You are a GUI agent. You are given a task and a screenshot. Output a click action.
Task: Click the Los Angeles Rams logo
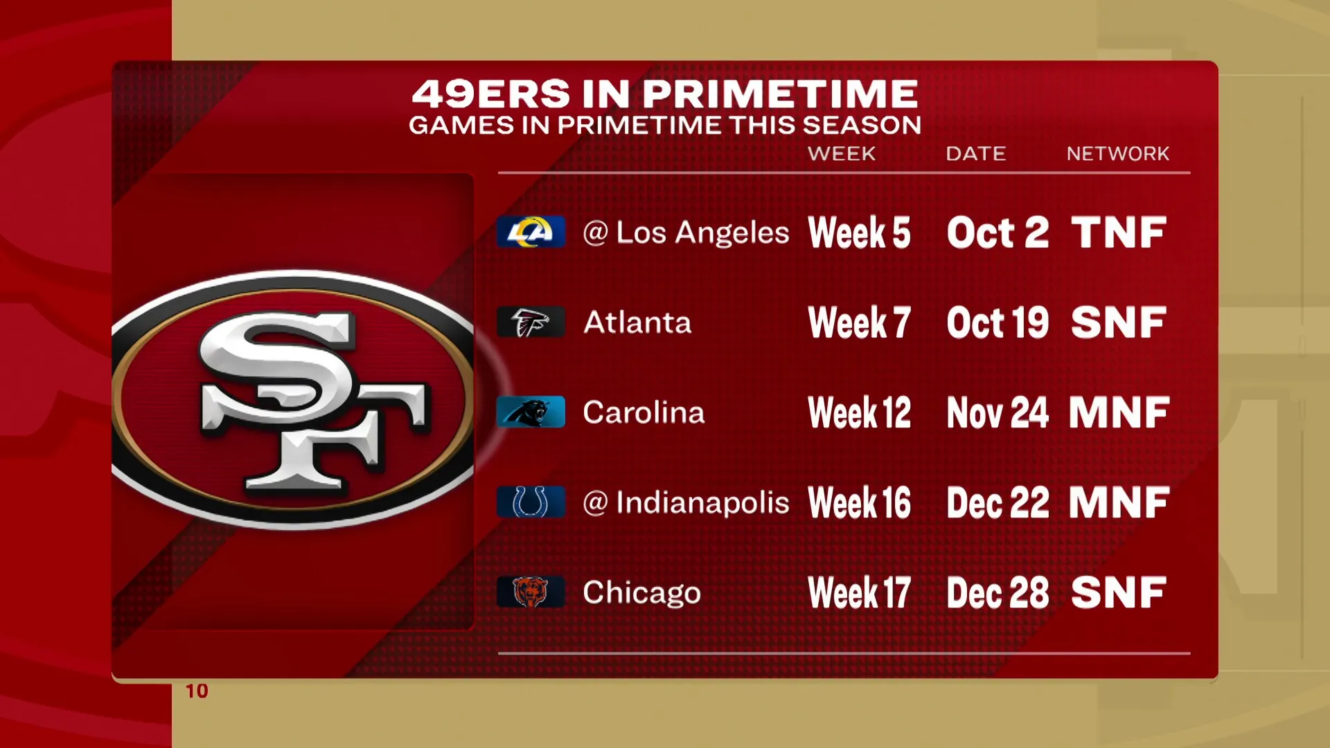pos(531,232)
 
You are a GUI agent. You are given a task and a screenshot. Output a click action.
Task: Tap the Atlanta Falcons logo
pos(531,322)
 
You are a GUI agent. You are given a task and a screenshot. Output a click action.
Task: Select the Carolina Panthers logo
pos(531,412)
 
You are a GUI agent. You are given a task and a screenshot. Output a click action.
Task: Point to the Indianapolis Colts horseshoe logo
pos(531,502)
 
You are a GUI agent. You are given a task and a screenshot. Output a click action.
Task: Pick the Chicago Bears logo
pos(531,592)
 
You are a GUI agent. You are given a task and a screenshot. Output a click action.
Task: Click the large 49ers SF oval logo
pos(293,400)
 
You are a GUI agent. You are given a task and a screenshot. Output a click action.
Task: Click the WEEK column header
pos(842,154)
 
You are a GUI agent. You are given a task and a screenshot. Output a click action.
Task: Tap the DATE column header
pos(976,154)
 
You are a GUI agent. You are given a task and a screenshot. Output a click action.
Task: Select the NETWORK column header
pos(1118,154)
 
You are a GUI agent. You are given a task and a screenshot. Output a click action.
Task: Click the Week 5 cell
pos(859,233)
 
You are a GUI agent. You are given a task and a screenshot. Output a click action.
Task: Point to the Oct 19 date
pos(997,323)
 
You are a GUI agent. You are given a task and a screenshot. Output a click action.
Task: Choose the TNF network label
pos(1119,233)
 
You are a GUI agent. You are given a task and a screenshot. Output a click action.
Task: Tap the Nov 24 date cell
pos(997,413)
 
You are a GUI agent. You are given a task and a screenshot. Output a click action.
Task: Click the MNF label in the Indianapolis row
pos(1119,503)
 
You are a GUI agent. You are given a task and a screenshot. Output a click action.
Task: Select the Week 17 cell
pos(859,593)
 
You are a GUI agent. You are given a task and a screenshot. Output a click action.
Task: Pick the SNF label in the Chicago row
pos(1119,593)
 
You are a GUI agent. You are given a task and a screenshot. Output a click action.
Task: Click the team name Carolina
pos(644,413)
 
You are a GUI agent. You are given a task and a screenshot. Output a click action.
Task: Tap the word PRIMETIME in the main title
pos(781,94)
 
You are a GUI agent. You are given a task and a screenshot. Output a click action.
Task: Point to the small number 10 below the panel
pos(197,691)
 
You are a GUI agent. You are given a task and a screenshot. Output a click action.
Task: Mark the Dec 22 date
pos(997,503)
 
